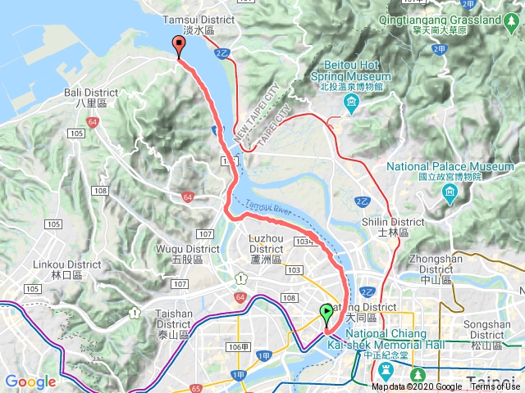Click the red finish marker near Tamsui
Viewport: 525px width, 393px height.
click(x=179, y=47)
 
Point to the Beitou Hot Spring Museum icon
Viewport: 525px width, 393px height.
click(x=351, y=102)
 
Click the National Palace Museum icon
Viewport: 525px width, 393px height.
click(x=449, y=192)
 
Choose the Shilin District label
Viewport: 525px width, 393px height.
click(x=394, y=227)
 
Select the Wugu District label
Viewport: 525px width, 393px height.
click(x=191, y=254)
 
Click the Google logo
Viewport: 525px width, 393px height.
click(x=30, y=382)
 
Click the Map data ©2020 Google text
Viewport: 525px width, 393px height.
click(x=416, y=387)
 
